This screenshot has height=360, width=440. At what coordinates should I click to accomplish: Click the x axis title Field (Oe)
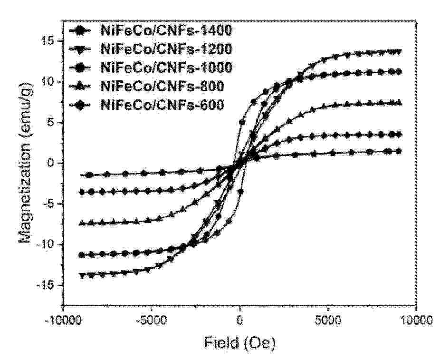pyautogui.click(x=240, y=342)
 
